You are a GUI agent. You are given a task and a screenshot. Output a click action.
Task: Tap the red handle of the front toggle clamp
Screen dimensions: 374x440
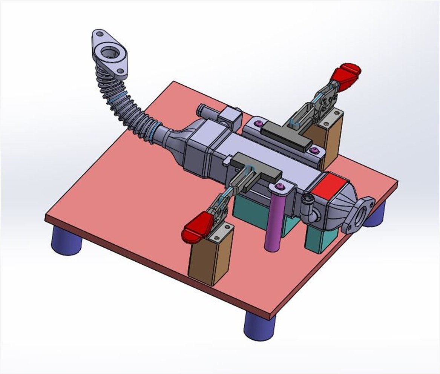[x=197, y=227]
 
